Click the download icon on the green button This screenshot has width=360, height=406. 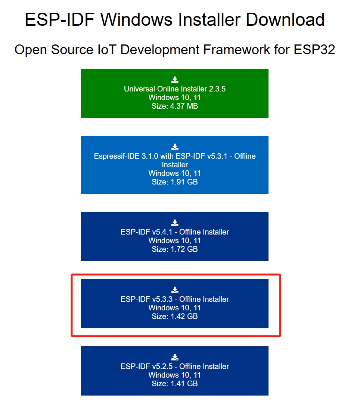click(175, 80)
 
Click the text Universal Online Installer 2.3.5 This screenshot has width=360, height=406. click(175, 89)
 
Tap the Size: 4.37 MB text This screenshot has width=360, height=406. click(175, 106)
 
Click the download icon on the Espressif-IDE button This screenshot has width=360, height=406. click(175, 147)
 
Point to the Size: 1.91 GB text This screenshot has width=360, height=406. click(175, 182)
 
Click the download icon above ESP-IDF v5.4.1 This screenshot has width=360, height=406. click(175, 223)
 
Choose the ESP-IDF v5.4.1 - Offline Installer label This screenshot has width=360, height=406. click(175, 232)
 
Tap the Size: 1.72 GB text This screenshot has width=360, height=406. click(175, 249)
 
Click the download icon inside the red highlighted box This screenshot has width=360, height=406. click(175, 290)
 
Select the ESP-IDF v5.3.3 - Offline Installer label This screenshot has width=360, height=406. click(175, 299)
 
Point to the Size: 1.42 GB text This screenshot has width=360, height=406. click(175, 316)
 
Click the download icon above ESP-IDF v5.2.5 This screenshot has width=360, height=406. click(175, 357)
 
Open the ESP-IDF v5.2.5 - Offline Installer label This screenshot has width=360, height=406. click(175, 366)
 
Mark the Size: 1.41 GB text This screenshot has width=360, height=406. click(175, 384)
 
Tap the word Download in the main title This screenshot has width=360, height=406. click(285, 19)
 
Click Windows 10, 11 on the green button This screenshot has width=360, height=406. click(175, 97)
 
